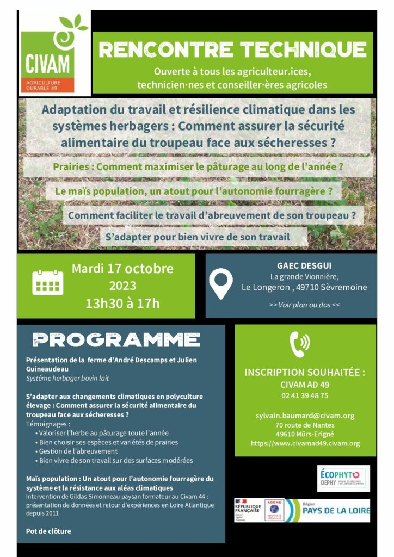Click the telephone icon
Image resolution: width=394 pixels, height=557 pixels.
pos(300,344)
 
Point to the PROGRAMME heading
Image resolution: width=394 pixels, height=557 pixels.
pos(116,341)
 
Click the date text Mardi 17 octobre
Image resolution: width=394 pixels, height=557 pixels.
pos(122,268)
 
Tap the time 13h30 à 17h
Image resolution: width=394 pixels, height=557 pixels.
pos(122,303)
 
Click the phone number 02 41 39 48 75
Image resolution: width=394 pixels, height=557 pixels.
pos(305,395)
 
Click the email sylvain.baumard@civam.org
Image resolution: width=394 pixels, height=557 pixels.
pos(305,416)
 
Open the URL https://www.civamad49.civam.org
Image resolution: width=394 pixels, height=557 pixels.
pos(305,444)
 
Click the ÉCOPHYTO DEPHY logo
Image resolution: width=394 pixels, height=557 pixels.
pos(343,479)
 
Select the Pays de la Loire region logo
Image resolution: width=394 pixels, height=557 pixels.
pos(329,510)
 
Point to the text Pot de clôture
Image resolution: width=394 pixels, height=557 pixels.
pos(48,531)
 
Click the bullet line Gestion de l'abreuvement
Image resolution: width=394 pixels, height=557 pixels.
pos(78,451)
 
